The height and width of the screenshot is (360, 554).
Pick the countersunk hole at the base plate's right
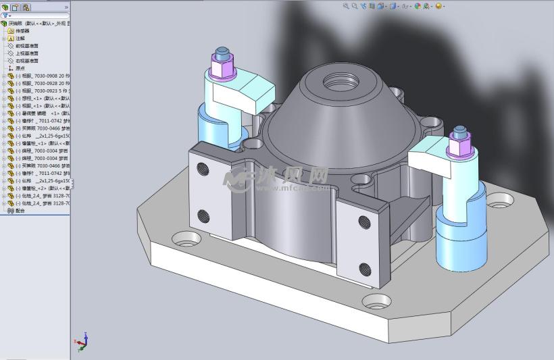pos(500,200)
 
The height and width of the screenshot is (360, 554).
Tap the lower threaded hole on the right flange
pos(365,268)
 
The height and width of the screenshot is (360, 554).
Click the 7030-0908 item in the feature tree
pos(41,76)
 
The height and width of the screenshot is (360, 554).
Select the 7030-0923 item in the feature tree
pos(41,91)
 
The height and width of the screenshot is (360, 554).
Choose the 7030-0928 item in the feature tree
pos(41,83)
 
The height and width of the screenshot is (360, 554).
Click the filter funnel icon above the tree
pos(6,15)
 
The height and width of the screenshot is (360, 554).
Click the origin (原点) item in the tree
pos(20,68)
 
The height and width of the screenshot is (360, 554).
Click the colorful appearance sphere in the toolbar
pos(418,6)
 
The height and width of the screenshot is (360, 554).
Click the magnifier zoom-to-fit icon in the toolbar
pos(345,6)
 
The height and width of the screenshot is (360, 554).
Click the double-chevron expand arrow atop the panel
pos(66,7)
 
